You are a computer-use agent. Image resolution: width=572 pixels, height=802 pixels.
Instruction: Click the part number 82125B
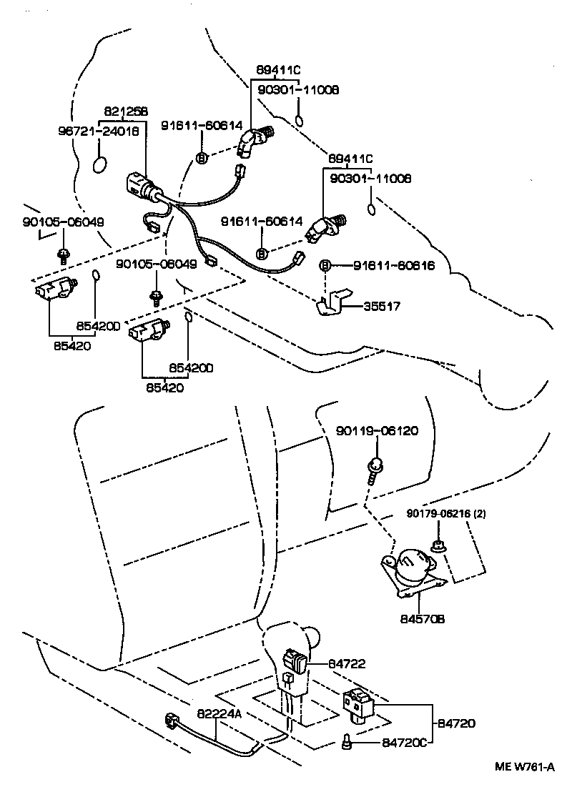pos(126,112)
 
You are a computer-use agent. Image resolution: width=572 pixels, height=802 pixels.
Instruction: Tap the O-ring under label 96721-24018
pos(101,164)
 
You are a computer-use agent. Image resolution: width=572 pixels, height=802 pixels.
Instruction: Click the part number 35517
pos(381,306)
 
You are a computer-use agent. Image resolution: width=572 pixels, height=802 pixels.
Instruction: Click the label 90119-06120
pos(378,431)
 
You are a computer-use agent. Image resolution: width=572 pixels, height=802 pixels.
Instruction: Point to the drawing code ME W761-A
pos(526,767)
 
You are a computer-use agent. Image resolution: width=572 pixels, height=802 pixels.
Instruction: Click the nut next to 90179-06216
pos(436,547)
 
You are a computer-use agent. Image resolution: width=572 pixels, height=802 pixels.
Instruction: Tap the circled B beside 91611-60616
pos(325,266)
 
